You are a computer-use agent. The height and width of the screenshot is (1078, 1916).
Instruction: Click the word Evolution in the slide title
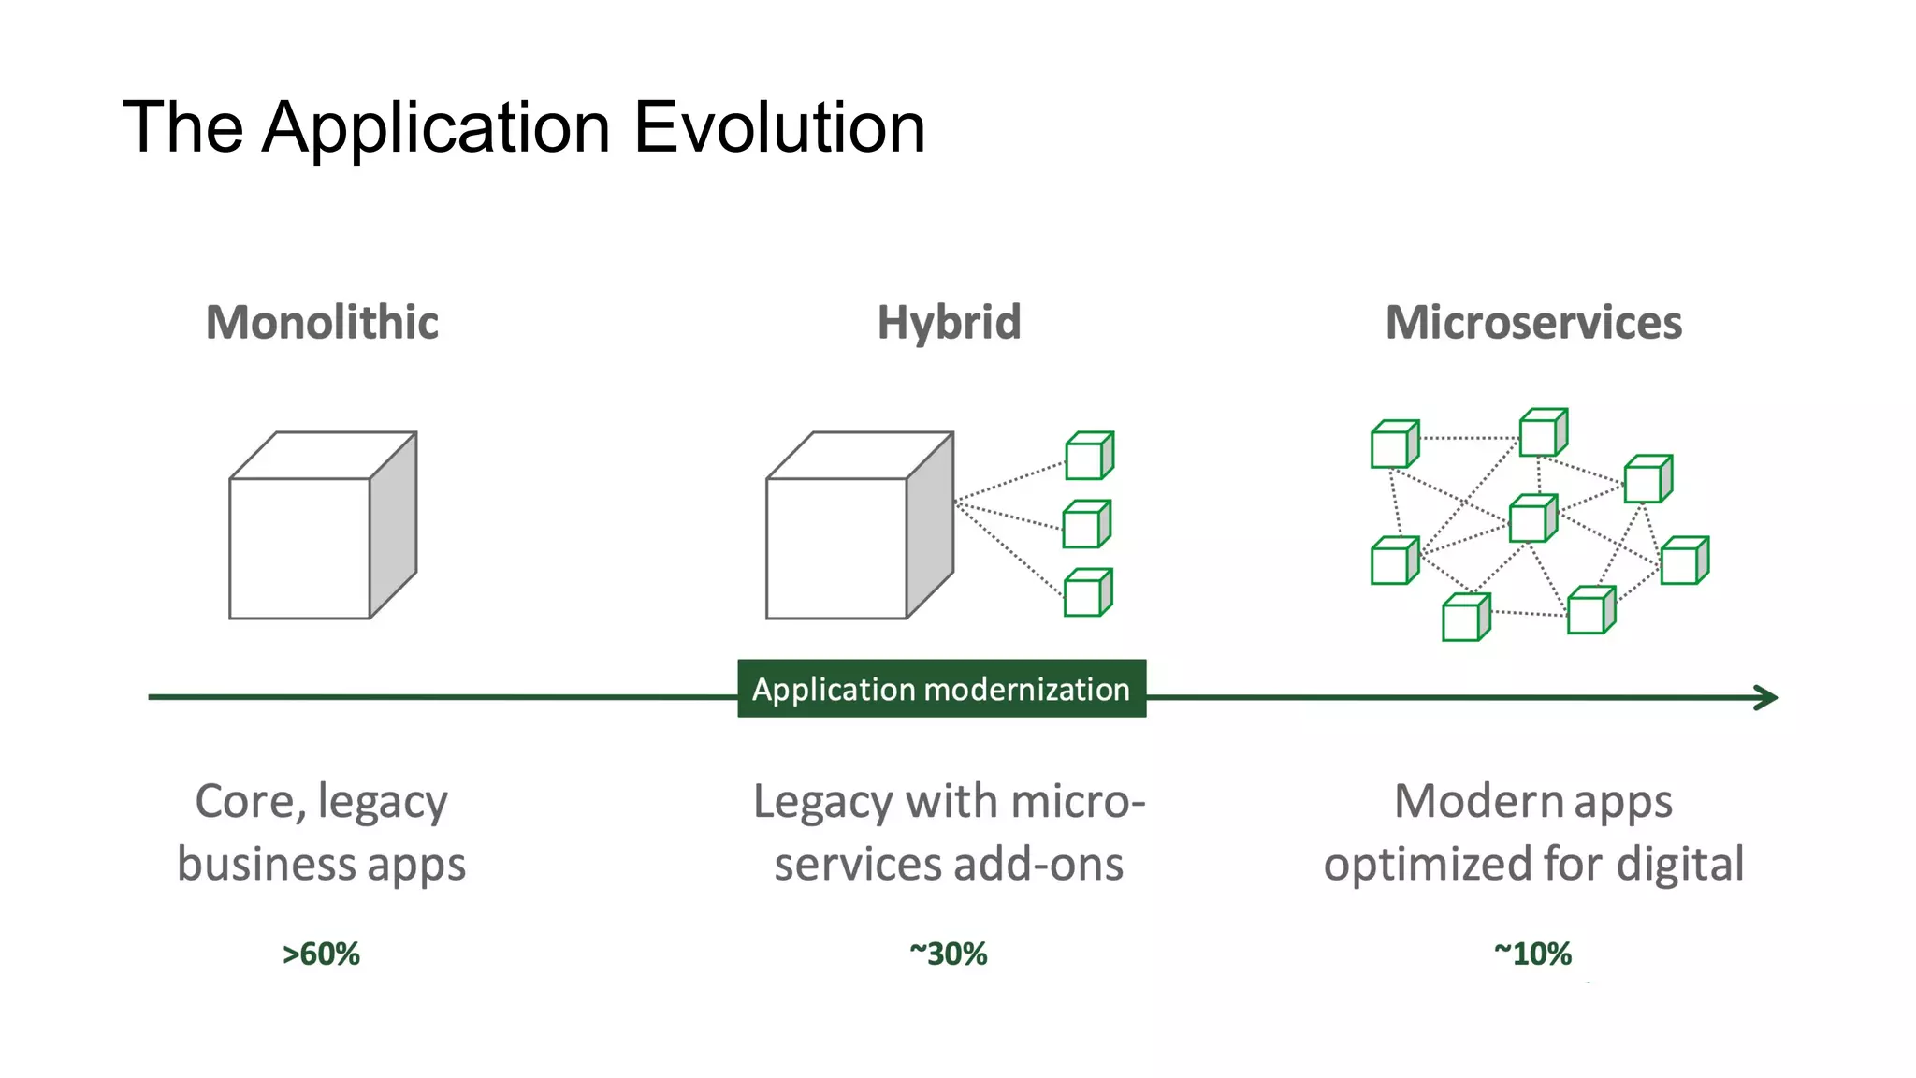[x=779, y=127]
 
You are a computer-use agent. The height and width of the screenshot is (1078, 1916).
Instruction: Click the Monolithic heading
[x=322, y=323]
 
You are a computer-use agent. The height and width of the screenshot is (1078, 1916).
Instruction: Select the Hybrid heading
[x=949, y=323]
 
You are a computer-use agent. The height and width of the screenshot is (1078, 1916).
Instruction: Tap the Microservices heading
[x=1533, y=323]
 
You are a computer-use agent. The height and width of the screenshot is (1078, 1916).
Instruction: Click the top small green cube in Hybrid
[x=1089, y=456]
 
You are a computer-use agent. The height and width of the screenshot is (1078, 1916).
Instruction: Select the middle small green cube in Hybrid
[x=1086, y=524]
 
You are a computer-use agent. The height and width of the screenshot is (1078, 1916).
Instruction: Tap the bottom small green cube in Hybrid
[x=1087, y=592]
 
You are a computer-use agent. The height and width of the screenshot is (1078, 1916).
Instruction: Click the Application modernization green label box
[x=941, y=689]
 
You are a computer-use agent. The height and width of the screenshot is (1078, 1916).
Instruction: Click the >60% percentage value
[x=321, y=954]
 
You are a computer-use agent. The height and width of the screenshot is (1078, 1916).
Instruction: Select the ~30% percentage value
[x=948, y=954]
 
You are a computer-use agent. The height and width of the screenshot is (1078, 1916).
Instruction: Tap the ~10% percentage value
[x=1532, y=954]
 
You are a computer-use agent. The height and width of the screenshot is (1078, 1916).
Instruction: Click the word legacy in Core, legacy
[x=383, y=803]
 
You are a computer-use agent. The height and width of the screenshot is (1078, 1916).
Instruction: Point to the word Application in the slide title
[x=436, y=129]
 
